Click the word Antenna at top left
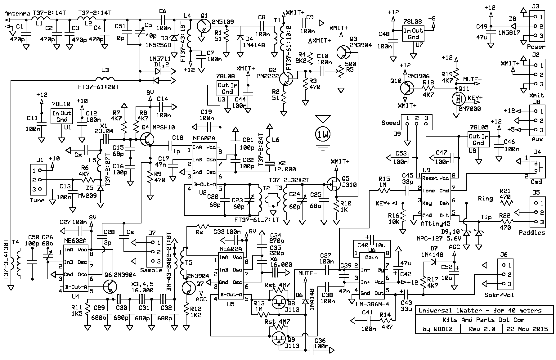pyautogui.click(x=18, y=13)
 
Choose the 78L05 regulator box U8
pyautogui.click(x=478, y=140)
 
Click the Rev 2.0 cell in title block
pyautogui.click(x=482, y=329)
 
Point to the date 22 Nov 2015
pyautogui.click(x=527, y=329)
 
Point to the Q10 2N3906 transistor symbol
pyautogui.click(x=406, y=88)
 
